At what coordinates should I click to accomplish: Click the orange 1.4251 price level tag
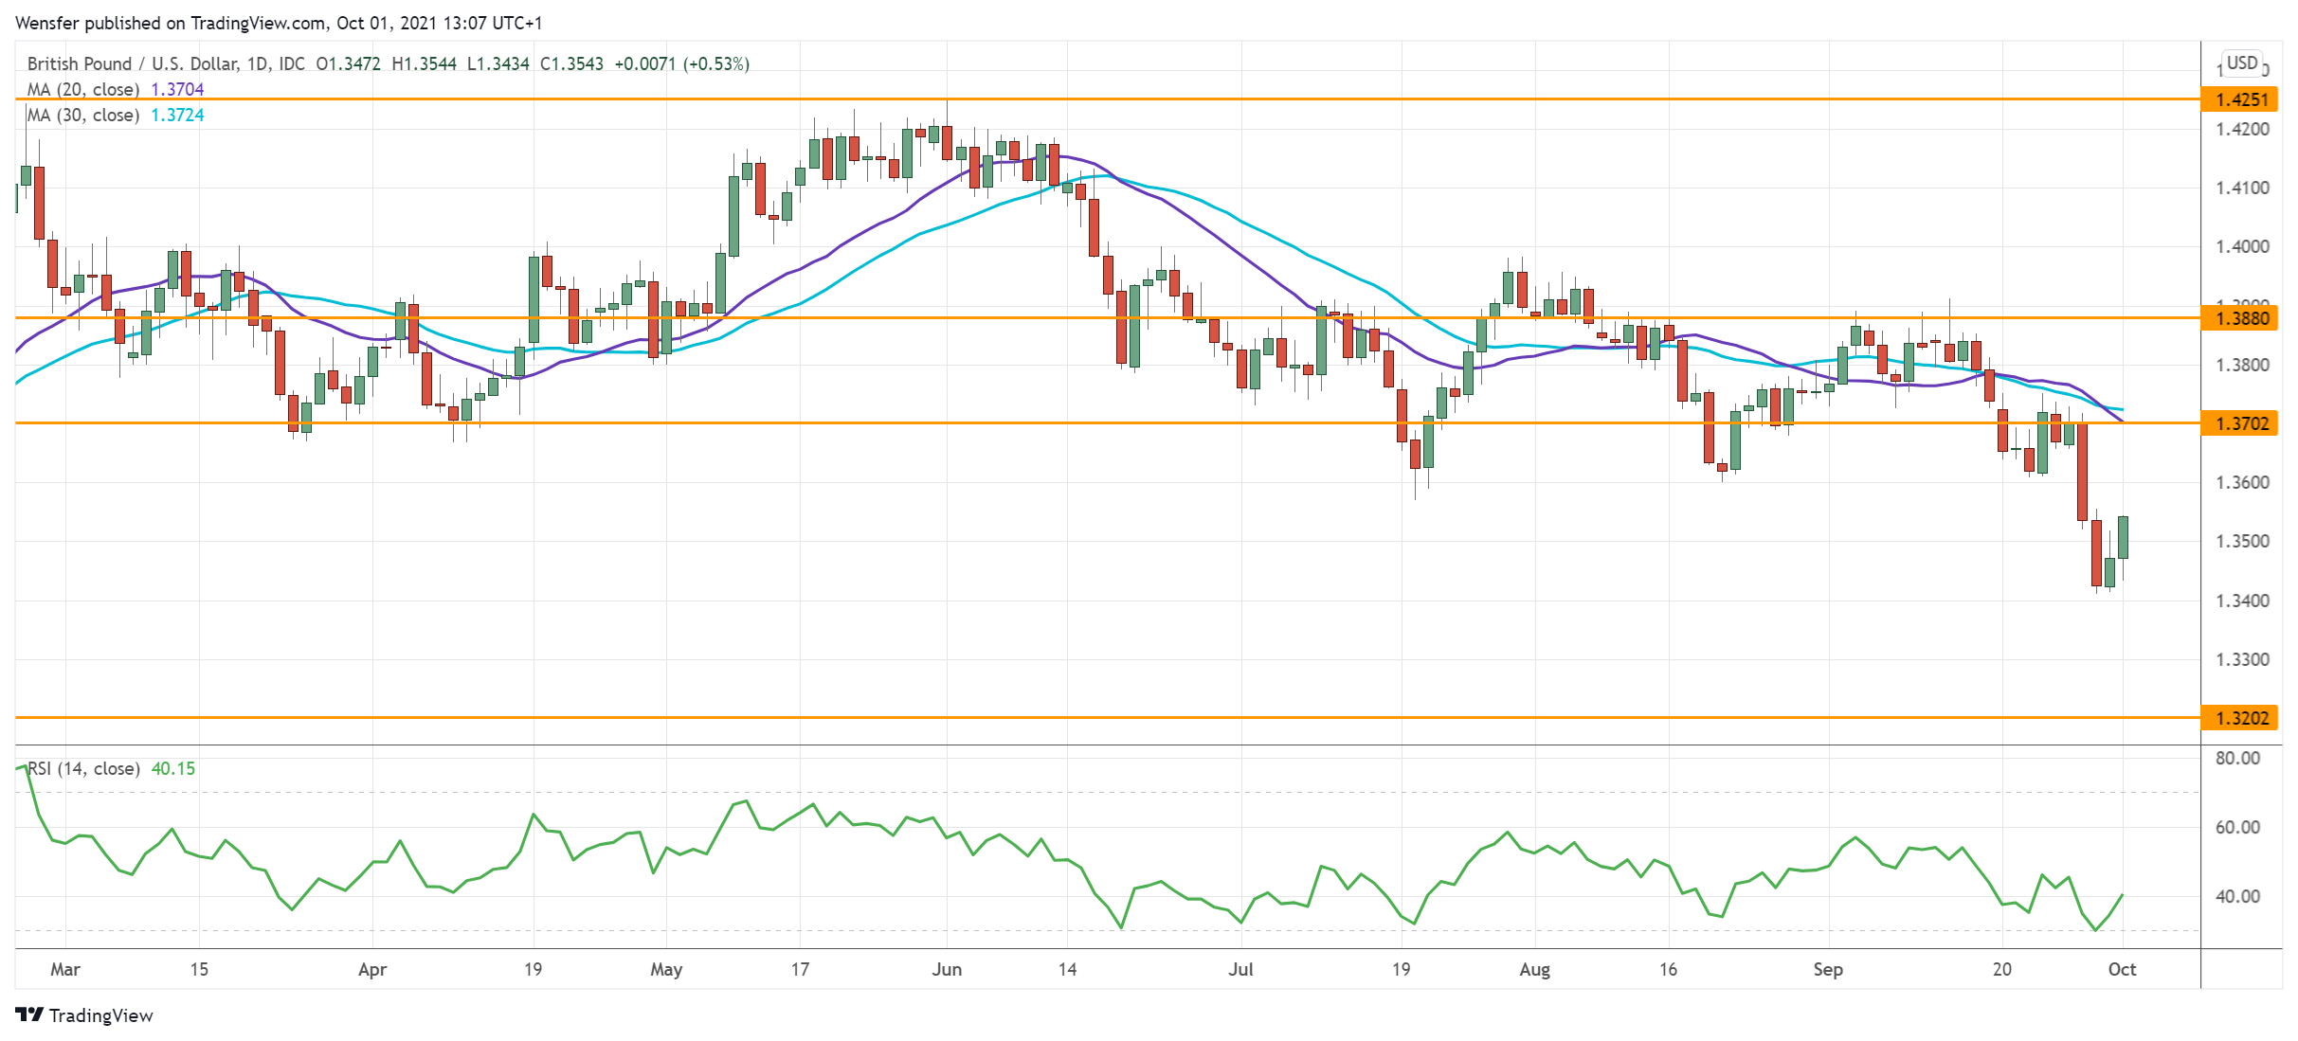(2241, 99)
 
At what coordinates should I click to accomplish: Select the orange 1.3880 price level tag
(2241, 318)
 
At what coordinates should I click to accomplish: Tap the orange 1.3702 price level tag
(2241, 423)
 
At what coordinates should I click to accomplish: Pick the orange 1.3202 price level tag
(2241, 718)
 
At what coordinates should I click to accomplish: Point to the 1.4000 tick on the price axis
(2242, 247)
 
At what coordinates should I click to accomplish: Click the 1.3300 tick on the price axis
(2242, 660)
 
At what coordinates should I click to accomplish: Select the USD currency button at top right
(2241, 63)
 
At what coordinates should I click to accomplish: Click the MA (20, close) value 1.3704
(177, 90)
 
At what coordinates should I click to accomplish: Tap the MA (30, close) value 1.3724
(177, 116)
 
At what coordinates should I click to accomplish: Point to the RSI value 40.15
(173, 769)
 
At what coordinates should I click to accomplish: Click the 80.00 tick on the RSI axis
(2237, 759)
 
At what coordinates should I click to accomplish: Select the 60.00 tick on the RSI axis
(2237, 828)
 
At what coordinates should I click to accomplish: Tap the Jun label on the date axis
(947, 970)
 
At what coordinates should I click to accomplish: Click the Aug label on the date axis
(1534, 970)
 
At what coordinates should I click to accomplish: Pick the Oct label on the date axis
(2122, 970)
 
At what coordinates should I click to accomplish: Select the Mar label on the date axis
(65, 970)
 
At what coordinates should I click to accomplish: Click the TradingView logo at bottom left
(84, 1015)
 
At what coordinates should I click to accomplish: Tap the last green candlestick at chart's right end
(2123, 537)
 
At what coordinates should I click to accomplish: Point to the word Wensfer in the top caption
(47, 23)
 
